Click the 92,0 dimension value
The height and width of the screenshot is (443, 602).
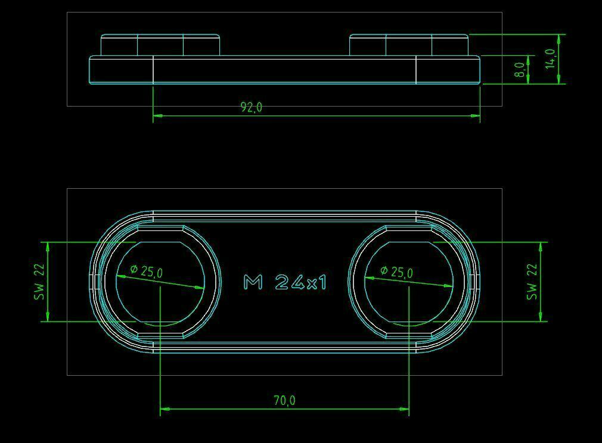pos(252,107)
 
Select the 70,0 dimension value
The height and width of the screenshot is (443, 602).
pos(284,400)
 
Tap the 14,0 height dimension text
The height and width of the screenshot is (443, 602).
pos(551,59)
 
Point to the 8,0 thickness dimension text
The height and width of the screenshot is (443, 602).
pos(520,70)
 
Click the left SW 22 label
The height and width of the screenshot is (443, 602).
pos(40,282)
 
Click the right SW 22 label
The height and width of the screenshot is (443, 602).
pos(532,282)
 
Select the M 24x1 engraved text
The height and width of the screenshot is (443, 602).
pos(285,282)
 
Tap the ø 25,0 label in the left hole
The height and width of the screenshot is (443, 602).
pos(146,271)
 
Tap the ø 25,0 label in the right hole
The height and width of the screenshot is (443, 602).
pos(396,271)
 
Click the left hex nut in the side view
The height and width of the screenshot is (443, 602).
pos(160,45)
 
